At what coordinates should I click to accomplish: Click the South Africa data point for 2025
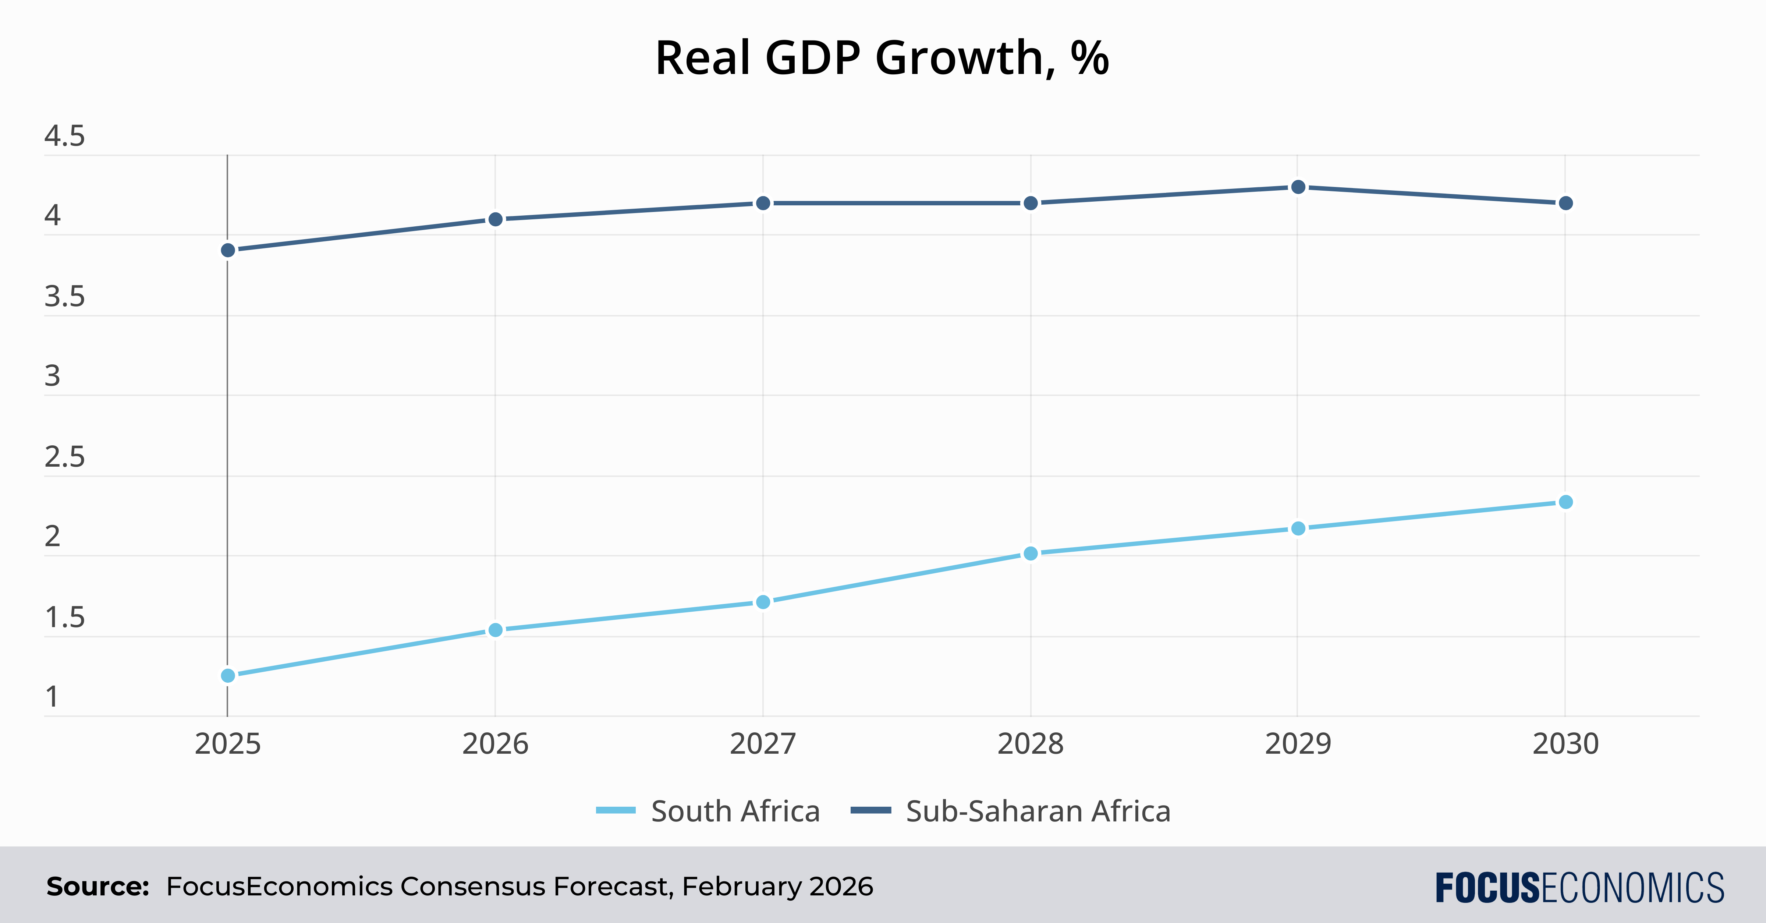[x=228, y=675]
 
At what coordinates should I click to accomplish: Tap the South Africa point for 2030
[x=1565, y=502]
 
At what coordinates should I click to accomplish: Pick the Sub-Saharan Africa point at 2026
[x=495, y=219]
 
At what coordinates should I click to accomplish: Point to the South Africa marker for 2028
[x=1031, y=554]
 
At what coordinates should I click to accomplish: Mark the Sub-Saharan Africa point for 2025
[x=228, y=250]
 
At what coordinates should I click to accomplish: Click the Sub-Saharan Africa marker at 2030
[x=1565, y=203]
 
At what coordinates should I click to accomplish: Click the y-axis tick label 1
[x=52, y=697]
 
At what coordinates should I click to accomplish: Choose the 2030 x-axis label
[x=1565, y=744]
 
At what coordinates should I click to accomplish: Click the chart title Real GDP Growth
[x=882, y=58]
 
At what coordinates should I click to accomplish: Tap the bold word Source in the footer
[x=98, y=887]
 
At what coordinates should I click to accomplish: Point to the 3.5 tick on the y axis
[x=64, y=297]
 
